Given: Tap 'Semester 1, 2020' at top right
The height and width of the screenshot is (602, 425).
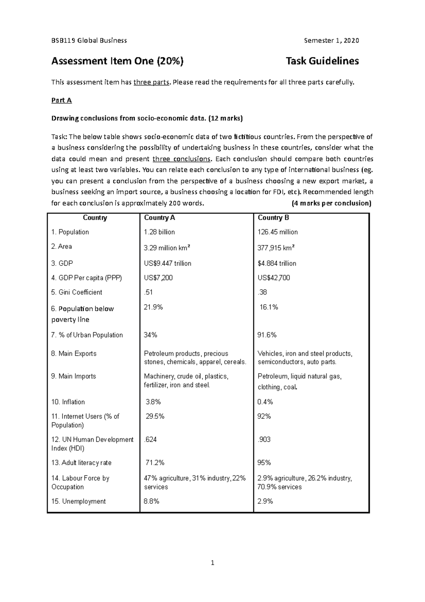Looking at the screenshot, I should tap(331, 40).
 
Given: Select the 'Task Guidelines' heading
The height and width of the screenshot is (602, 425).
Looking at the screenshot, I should tap(322, 61).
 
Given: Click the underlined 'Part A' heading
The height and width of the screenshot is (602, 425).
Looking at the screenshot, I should tap(62, 100).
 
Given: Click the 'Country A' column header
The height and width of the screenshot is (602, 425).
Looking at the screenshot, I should tap(159, 218).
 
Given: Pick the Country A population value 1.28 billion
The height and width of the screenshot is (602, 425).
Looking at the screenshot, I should tap(159, 232).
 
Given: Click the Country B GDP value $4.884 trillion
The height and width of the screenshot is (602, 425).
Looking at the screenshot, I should tap(277, 263).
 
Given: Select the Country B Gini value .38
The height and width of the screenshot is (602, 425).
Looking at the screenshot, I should tap(262, 292).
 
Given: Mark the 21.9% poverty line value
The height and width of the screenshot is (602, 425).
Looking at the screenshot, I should tap(153, 307).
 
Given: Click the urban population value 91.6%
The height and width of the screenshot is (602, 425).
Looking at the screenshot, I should tap(267, 335).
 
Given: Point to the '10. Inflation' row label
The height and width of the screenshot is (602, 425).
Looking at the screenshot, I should tap(68, 402).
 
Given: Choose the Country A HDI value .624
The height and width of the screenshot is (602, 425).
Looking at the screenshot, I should tap(150, 440).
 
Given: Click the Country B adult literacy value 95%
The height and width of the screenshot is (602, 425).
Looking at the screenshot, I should tap(264, 463).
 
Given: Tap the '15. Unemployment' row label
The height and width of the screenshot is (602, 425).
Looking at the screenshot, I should tap(78, 501).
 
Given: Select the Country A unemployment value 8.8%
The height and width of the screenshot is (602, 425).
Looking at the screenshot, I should tap(152, 501).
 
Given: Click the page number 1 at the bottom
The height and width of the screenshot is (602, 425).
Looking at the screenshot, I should tap(212, 563).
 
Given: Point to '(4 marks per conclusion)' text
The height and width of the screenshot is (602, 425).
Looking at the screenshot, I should tap(331, 203).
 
